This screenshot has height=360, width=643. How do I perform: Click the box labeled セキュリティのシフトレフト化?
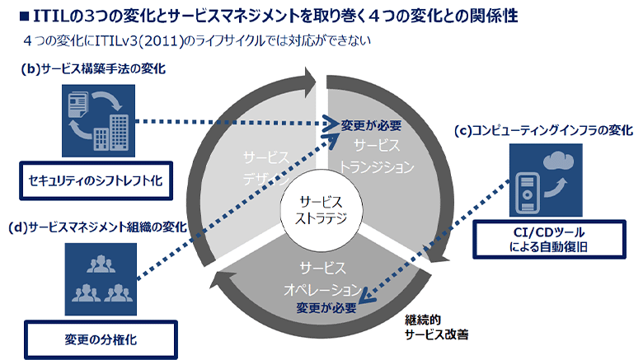click(96, 179)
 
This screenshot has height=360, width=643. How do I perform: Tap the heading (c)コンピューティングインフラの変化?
click(543, 130)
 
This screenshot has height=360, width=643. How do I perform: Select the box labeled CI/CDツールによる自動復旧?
click(543, 239)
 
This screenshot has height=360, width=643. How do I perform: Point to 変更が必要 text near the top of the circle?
click(371, 125)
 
